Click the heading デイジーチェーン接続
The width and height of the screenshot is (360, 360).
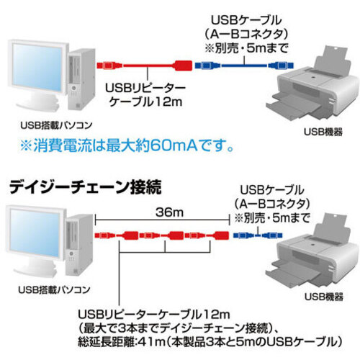pyautogui.click(x=85, y=187)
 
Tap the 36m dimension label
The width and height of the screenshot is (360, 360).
pyautogui.click(x=169, y=212)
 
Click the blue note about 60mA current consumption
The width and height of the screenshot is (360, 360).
pyautogui.click(x=127, y=145)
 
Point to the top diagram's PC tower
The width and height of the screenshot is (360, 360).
pyautogui.click(x=81, y=80)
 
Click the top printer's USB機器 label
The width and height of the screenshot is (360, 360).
pyautogui.click(x=323, y=132)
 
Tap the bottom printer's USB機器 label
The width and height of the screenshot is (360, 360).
pyautogui.click(x=324, y=297)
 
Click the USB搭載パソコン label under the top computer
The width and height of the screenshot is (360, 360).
pyautogui.click(x=56, y=125)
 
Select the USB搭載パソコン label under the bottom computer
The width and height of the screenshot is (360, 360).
pyautogui.click(x=54, y=289)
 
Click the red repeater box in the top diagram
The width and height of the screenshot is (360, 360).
pyautogui.click(x=183, y=66)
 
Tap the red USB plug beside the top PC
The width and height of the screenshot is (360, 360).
pyautogui.click(x=109, y=66)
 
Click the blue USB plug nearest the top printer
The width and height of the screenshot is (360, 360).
pyautogui.click(x=281, y=66)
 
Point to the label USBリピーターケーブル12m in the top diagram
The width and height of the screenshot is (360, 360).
pyautogui.click(x=145, y=95)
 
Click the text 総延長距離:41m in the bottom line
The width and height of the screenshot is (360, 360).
pyautogui.click(x=121, y=341)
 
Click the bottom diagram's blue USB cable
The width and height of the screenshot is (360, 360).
pyautogui.click(x=258, y=235)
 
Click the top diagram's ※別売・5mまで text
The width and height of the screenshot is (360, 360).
pyautogui.click(x=246, y=49)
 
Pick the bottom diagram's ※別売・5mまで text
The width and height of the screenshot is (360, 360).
pyautogui.click(x=272, y=218)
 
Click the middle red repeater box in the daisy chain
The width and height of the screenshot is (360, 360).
pyautogui.click(x=176, y=235)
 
